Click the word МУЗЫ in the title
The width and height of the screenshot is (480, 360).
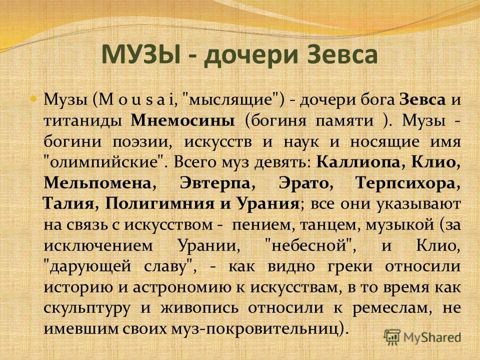click(x=140, y=54)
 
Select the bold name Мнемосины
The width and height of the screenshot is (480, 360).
click(x=183, y=120)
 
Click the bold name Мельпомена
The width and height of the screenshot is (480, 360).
click(x=97, y=183)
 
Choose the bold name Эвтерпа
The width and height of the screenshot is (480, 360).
click(x=215, y=183)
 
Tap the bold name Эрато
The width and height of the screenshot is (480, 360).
click(x=303, y=183)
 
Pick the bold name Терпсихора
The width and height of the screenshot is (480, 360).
click(x=405, y=183)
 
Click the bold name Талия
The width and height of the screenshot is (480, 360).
click(x=68, y=203)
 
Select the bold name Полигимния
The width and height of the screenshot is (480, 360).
click(x=160, y=203)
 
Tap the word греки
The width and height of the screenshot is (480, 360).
click(x=350, y=266)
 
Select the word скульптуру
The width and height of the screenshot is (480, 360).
click(x=86, y=308)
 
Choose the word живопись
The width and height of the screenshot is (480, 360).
click(x=199, y=308)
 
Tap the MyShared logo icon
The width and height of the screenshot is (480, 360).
click(x=392, y=337)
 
